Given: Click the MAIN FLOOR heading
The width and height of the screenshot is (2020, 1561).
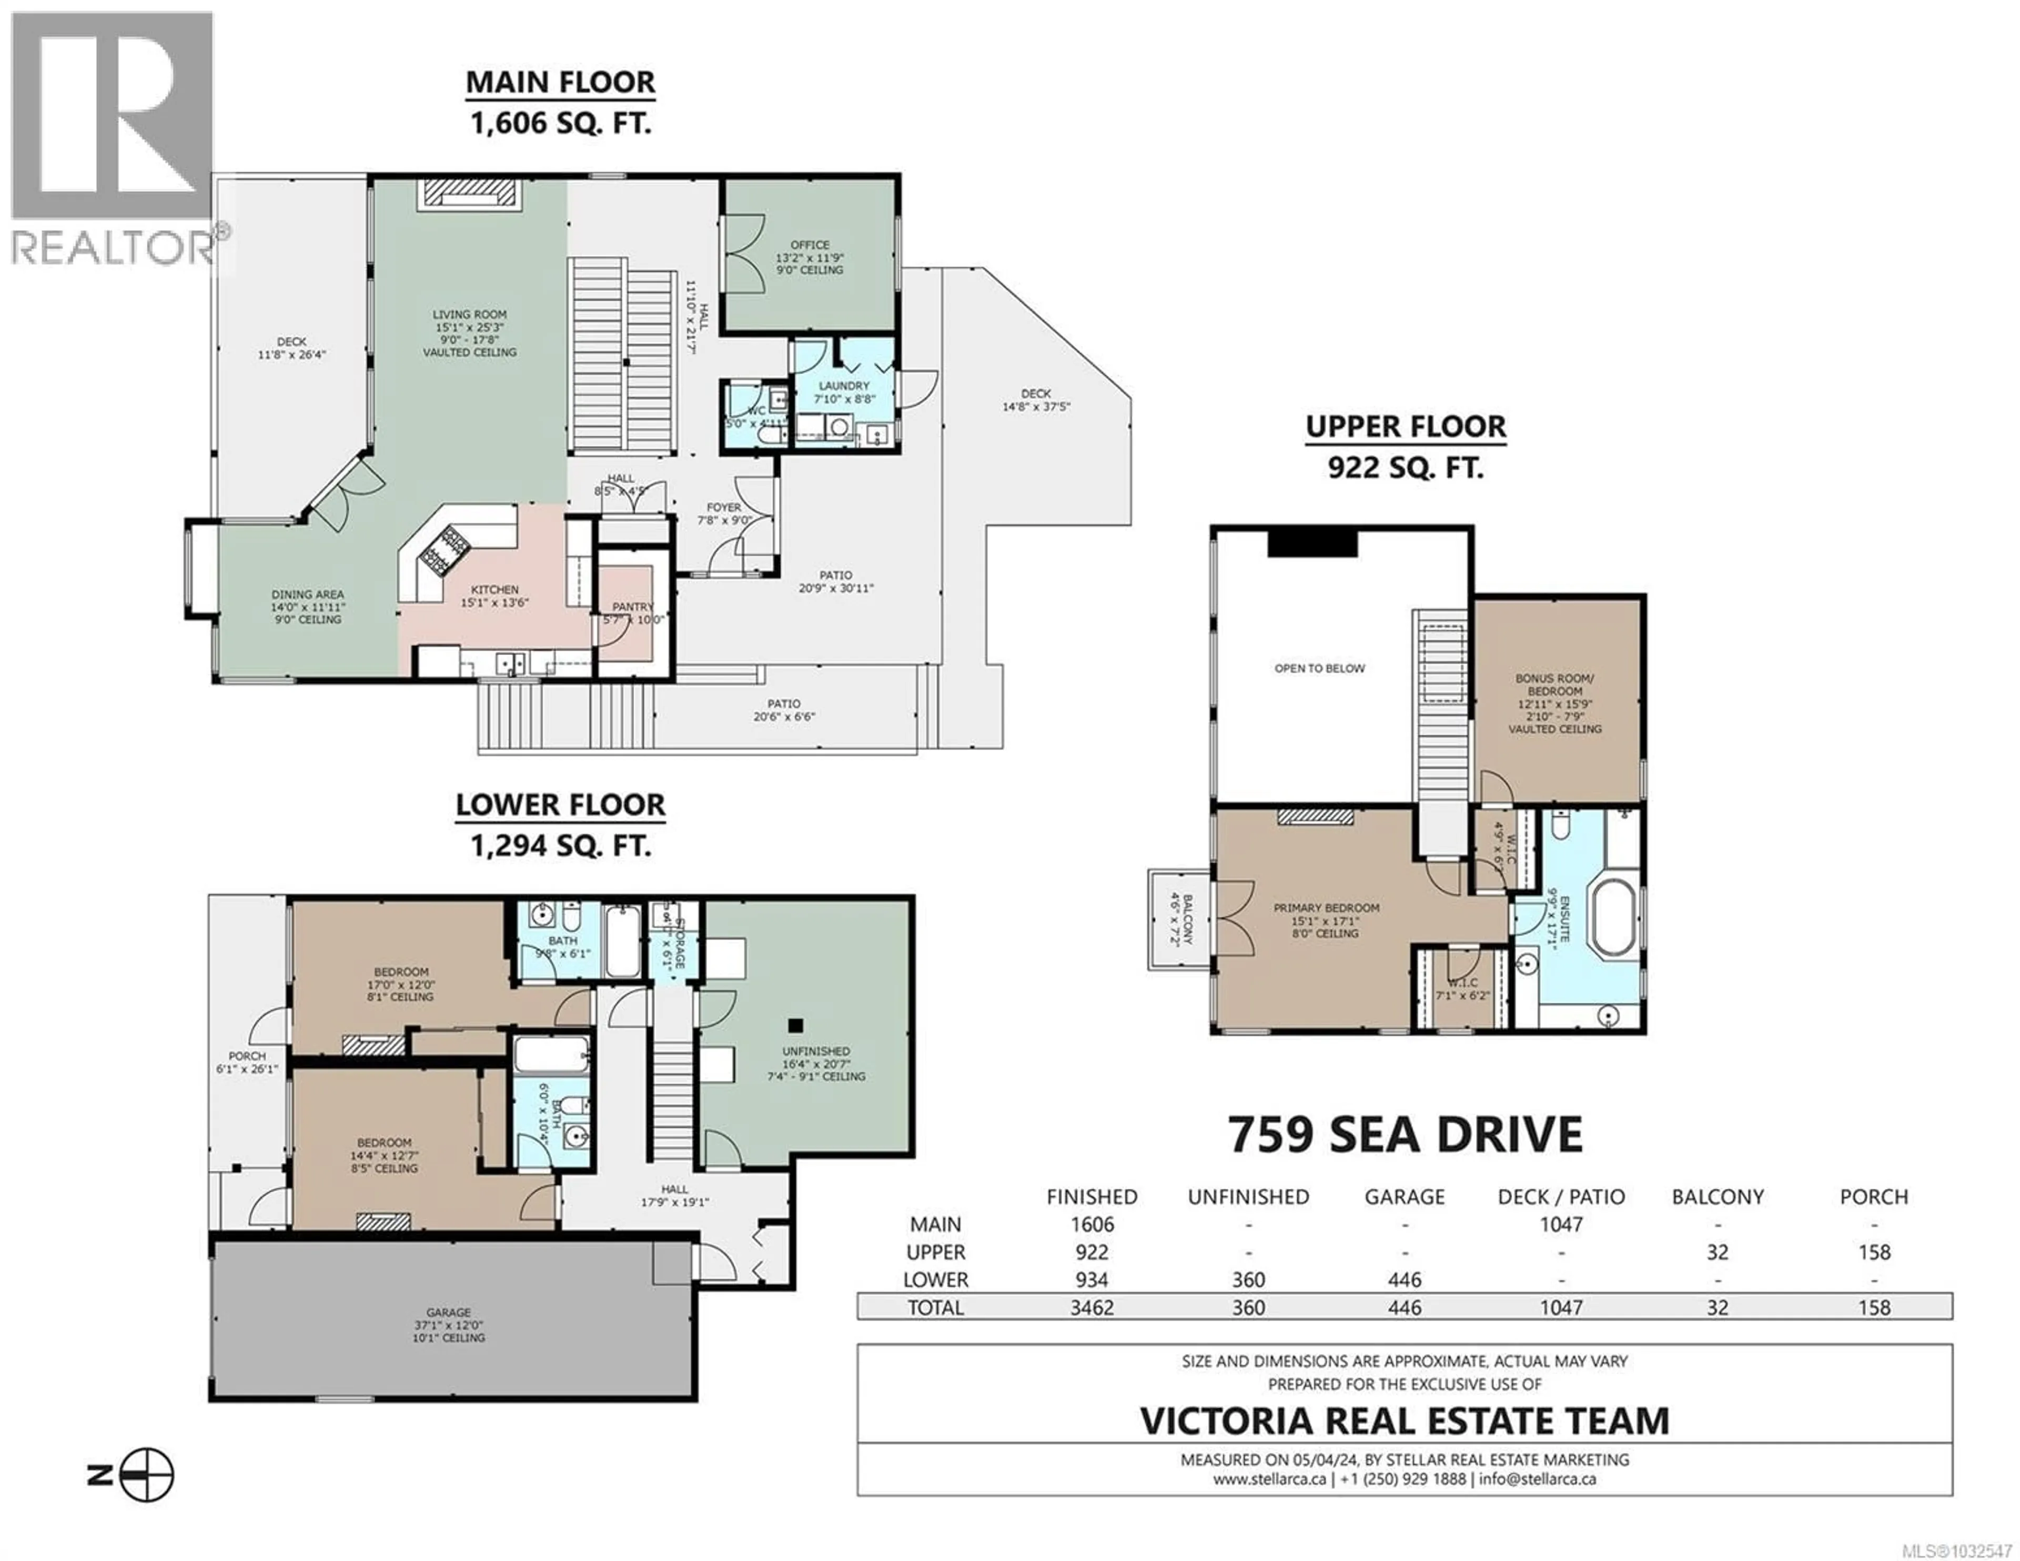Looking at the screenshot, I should pos(560,83).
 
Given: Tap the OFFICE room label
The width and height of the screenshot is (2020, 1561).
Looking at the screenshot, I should pos(809,245).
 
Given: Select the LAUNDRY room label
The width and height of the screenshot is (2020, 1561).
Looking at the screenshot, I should pos(844,386).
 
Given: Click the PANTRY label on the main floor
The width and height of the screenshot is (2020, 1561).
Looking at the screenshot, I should pos(633,607).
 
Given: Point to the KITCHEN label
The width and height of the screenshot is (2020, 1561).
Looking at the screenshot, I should pos(495,589).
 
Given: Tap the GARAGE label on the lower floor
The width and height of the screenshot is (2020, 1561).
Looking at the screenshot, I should pos(449,1312).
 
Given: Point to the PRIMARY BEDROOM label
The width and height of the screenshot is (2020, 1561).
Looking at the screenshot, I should pos(1326,908).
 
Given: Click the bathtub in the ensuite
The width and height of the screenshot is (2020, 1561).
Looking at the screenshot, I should pos(1612,916).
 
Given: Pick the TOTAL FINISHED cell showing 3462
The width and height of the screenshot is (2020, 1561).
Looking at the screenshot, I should pos(1092,1307).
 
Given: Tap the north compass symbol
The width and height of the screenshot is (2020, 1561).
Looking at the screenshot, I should pos(146,1475).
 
